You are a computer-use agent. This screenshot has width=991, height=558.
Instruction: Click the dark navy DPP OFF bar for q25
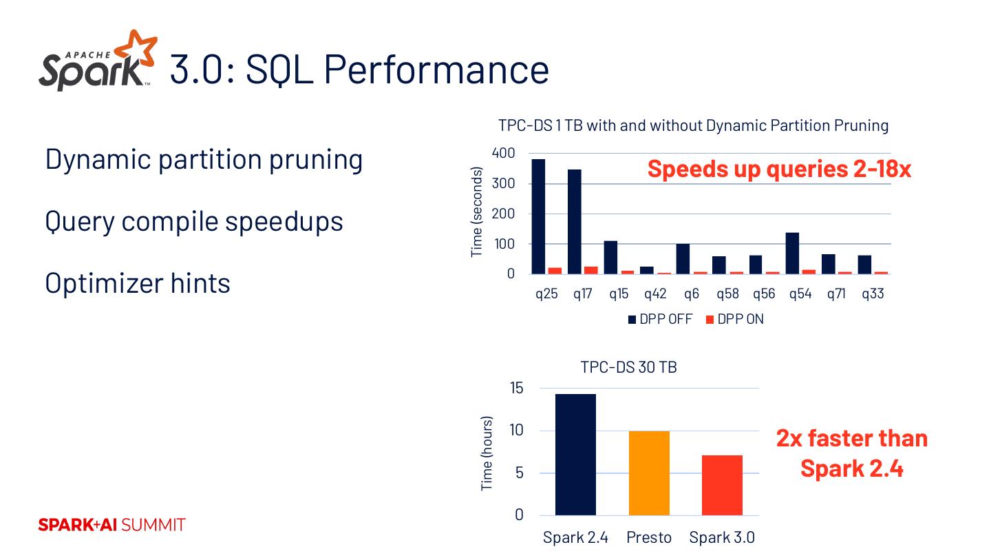(x=538, y=216)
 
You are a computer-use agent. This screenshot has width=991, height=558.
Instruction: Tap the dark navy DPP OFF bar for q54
(x=792, y=253)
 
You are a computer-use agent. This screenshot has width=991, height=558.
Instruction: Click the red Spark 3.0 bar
(x=722, y=485)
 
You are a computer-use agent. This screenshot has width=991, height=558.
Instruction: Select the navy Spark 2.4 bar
(x=575, y=454)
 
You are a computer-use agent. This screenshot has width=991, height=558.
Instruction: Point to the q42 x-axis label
(x=655, y=294)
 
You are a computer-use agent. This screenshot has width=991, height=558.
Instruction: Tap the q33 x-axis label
(x=873, y=294)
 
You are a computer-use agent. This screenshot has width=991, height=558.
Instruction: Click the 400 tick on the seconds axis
(x=504, y=153)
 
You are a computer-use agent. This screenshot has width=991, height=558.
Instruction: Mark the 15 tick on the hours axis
(x=515, y=389)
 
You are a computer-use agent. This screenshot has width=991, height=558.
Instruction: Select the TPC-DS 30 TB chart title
(x=628, y=367)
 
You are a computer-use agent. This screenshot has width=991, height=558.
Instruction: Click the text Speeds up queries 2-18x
(x=778, y=169)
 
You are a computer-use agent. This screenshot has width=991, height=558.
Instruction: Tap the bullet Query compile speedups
(x=194, y=221)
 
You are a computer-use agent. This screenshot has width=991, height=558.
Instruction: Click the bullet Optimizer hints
(x=138, y=283)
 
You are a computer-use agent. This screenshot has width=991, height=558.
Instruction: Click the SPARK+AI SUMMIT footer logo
(x=111, y=525)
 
